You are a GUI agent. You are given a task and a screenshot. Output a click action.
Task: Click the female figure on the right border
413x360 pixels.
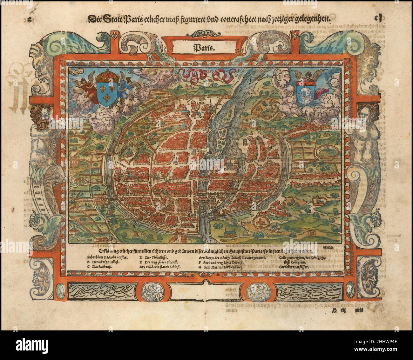(367, 127)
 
